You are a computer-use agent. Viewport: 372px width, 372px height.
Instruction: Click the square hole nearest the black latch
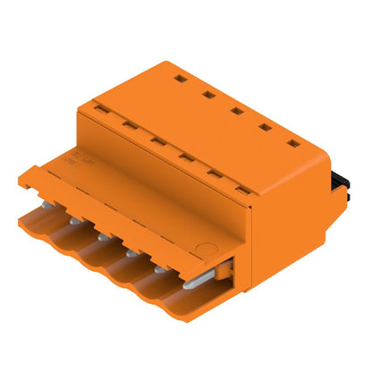tap(292, 143)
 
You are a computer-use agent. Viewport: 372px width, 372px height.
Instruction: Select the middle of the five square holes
tap(236, 111)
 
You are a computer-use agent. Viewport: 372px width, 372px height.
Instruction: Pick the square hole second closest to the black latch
tap(264, 127)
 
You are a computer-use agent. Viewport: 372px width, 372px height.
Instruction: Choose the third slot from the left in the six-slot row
tap(156, 139)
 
